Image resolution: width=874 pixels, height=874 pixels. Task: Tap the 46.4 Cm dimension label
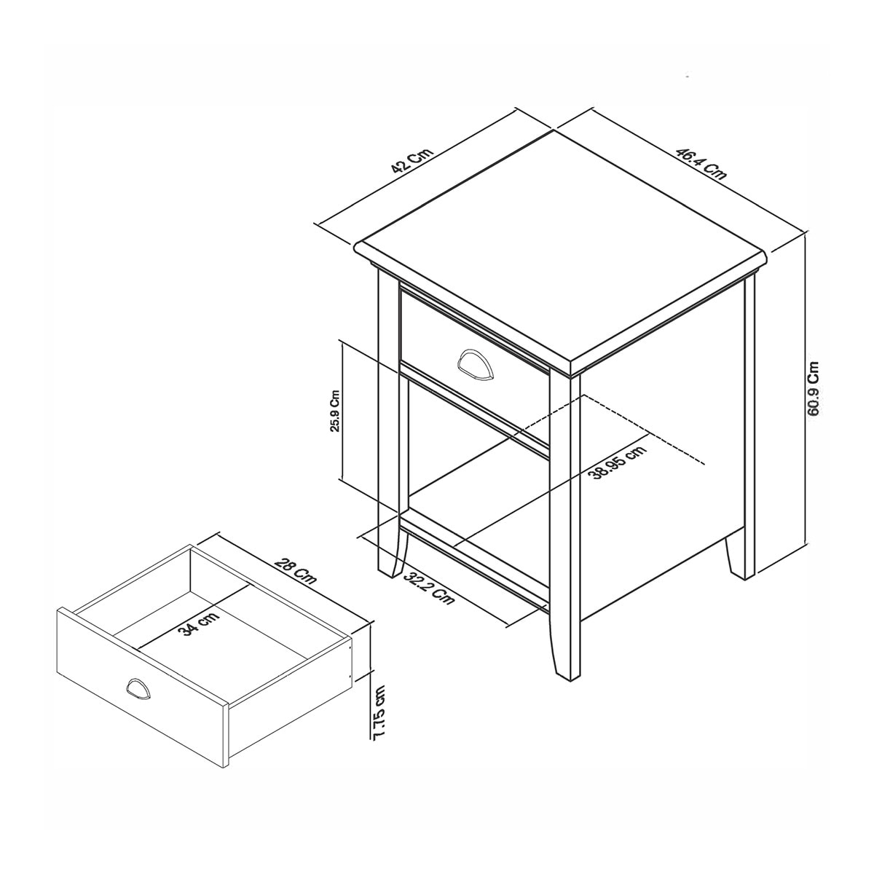pos(701,163)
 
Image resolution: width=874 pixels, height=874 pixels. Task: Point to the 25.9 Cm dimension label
pos(335,411)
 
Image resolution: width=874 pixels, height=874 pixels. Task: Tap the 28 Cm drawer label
pos(295,573)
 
